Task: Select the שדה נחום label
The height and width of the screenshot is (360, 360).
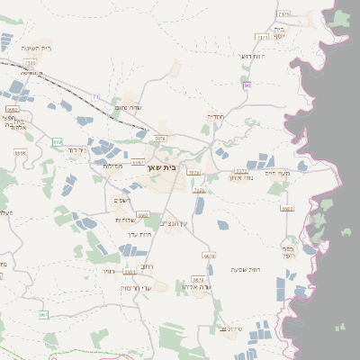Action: [126, 107]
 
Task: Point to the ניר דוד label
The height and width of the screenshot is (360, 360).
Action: [76, 150]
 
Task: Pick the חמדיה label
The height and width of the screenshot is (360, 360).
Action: [217, 117]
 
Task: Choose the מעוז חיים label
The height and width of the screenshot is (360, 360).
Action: [288, 173]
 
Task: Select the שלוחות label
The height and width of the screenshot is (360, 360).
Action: [124, 220]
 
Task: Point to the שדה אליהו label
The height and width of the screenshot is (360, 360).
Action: [195, 287]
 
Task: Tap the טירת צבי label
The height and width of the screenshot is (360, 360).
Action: [230, 329]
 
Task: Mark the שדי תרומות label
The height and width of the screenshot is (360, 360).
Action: [135, 288]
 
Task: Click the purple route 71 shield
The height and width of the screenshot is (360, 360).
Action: [96, 96]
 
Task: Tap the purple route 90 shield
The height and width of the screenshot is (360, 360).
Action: [246, 85]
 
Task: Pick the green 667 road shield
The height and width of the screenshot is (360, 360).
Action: [42, 314]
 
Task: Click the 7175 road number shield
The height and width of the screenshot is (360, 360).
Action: [283, 14]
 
